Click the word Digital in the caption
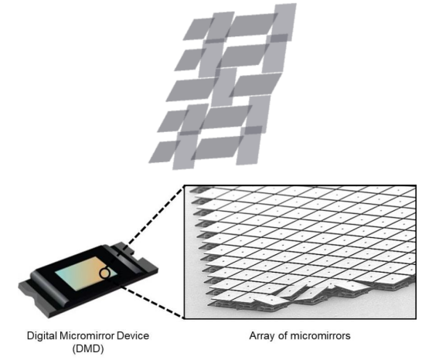point(42,336)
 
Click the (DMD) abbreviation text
point(88,349)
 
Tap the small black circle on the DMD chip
point(105,273)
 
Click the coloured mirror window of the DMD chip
point(86,273)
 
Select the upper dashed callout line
point(151,216)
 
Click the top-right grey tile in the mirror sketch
point(284,22)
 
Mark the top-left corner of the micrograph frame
point(184,185)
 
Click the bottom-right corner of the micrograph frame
point(416,319)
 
